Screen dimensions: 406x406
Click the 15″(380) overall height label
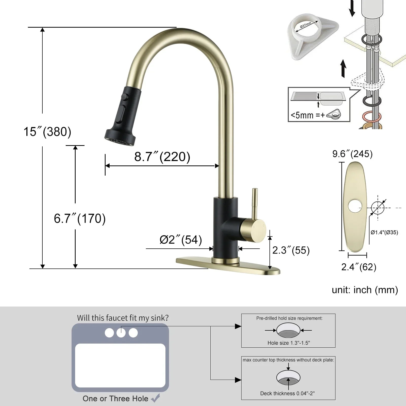tap(47, 132)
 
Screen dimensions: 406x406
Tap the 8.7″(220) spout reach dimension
tap(162, 157)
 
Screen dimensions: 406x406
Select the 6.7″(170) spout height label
tap(80, 218)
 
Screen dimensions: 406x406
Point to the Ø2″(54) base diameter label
tap(181, 240)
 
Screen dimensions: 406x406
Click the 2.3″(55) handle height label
tap(291, 250)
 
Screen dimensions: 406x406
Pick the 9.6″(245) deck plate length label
tap(352, 154)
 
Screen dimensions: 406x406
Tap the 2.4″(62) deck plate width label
tap(359, 267)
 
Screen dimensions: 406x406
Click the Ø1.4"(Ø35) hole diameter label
tap(384, 232)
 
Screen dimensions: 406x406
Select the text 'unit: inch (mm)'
tap(365, 290)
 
